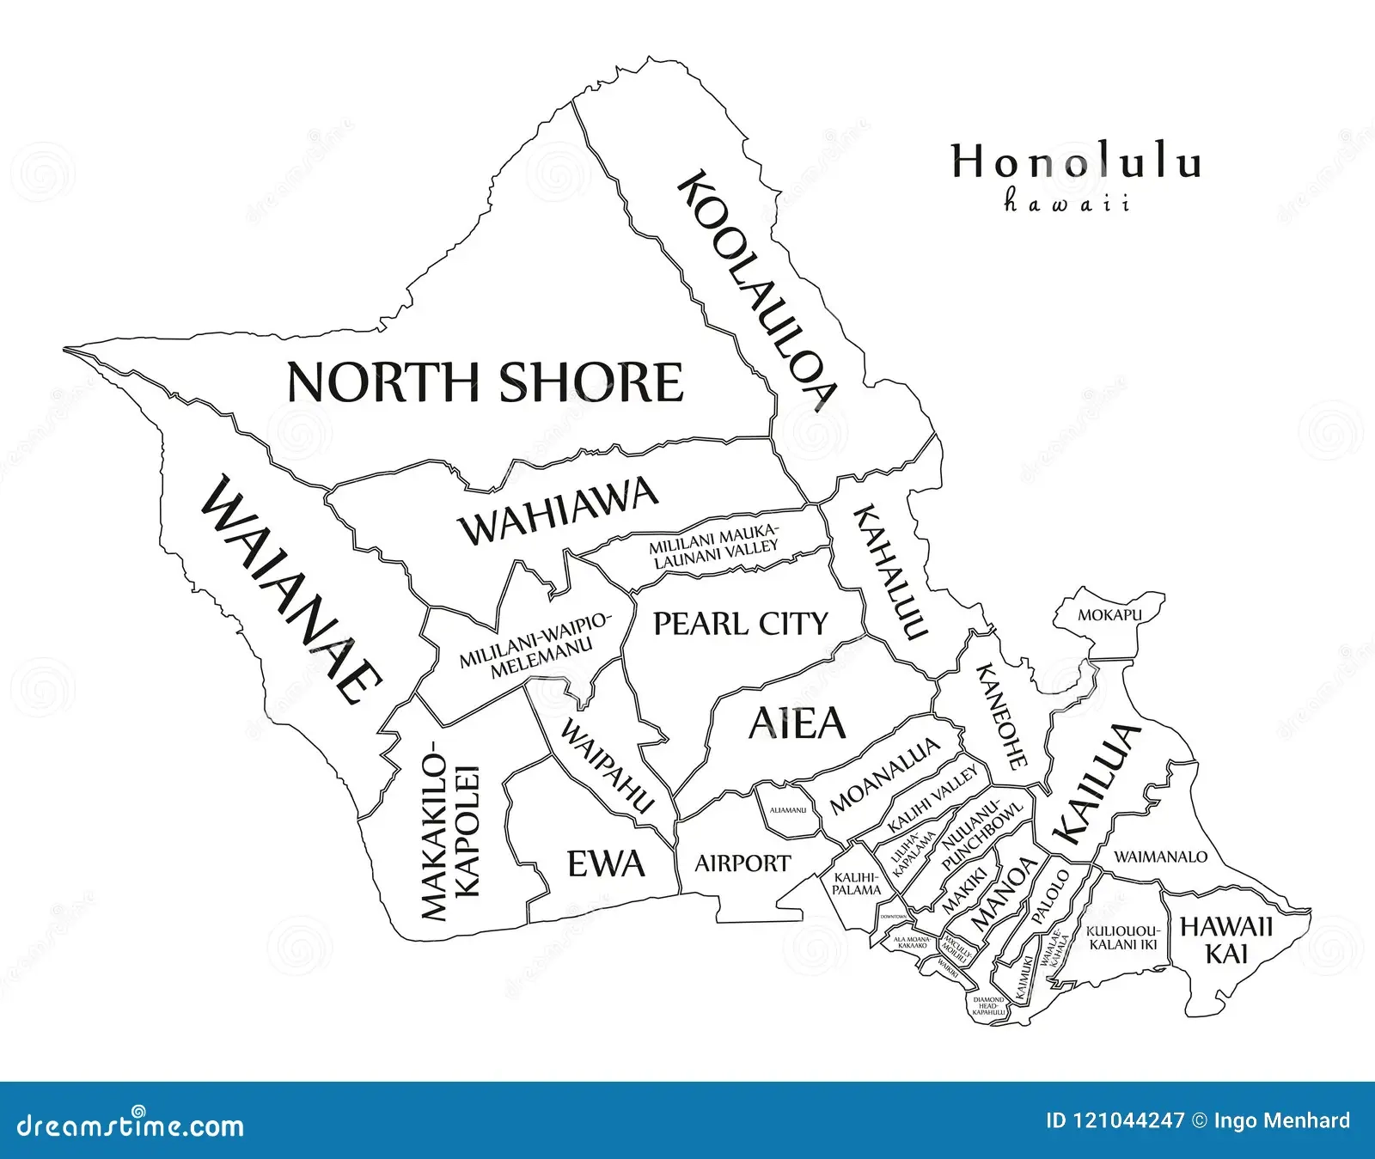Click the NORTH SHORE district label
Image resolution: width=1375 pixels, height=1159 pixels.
(x=485, y=382)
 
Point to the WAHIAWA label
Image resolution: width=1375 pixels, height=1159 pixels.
(x=559, y=512)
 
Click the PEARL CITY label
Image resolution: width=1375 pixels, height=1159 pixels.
(x=740, y=624)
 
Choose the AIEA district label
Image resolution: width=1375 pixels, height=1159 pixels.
(x=797, y=723)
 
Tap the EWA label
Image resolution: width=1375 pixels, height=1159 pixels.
(x=606, y=863)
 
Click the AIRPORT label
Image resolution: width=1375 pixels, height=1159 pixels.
(x=742, y=863)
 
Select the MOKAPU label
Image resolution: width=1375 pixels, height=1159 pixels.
(x=1109, y=615)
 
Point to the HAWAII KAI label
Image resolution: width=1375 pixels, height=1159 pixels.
(x=1226, y=940)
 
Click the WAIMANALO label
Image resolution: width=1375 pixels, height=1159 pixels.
(x=1160, y=857)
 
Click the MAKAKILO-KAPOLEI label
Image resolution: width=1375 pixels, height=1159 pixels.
(x=449, y=830)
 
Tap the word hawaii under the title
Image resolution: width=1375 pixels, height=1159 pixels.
(x=1066, y=204)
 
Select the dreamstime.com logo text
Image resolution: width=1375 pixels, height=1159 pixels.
(x=124, y=1125)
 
